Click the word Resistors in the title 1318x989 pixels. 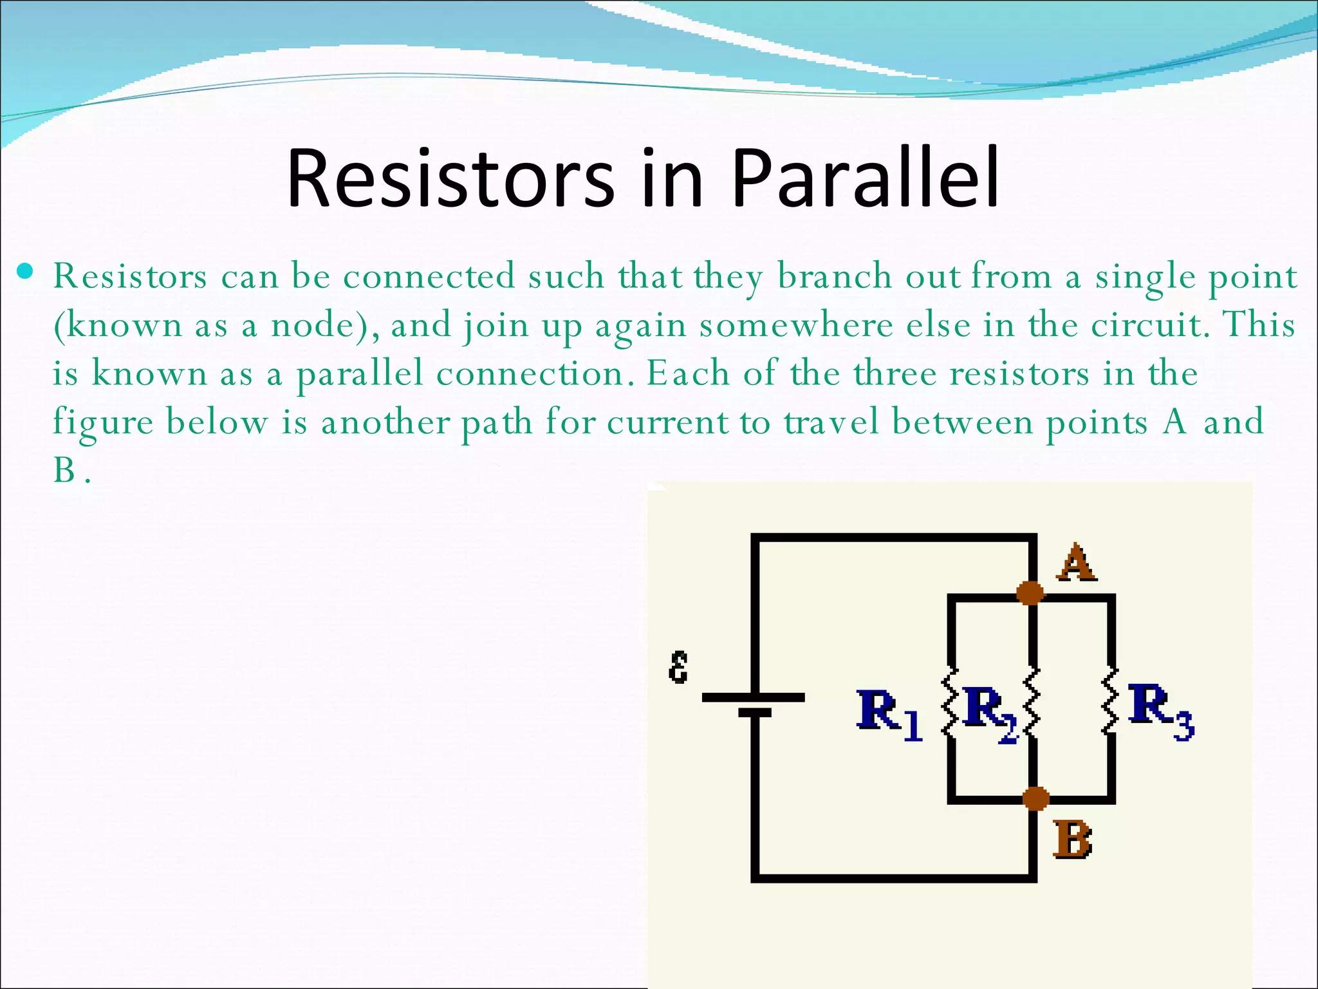(450, 179)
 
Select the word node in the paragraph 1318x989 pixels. (311, 325)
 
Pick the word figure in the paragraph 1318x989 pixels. (103, 423)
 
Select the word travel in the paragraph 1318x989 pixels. (831, 423)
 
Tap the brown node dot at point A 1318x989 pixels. (1030, 592)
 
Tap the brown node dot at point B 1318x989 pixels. (1035, 799)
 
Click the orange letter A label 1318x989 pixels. (1075, 563)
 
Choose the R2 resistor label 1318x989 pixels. (989, 713)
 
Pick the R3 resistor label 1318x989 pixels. (1161, 711)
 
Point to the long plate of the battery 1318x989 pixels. (752, 697)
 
